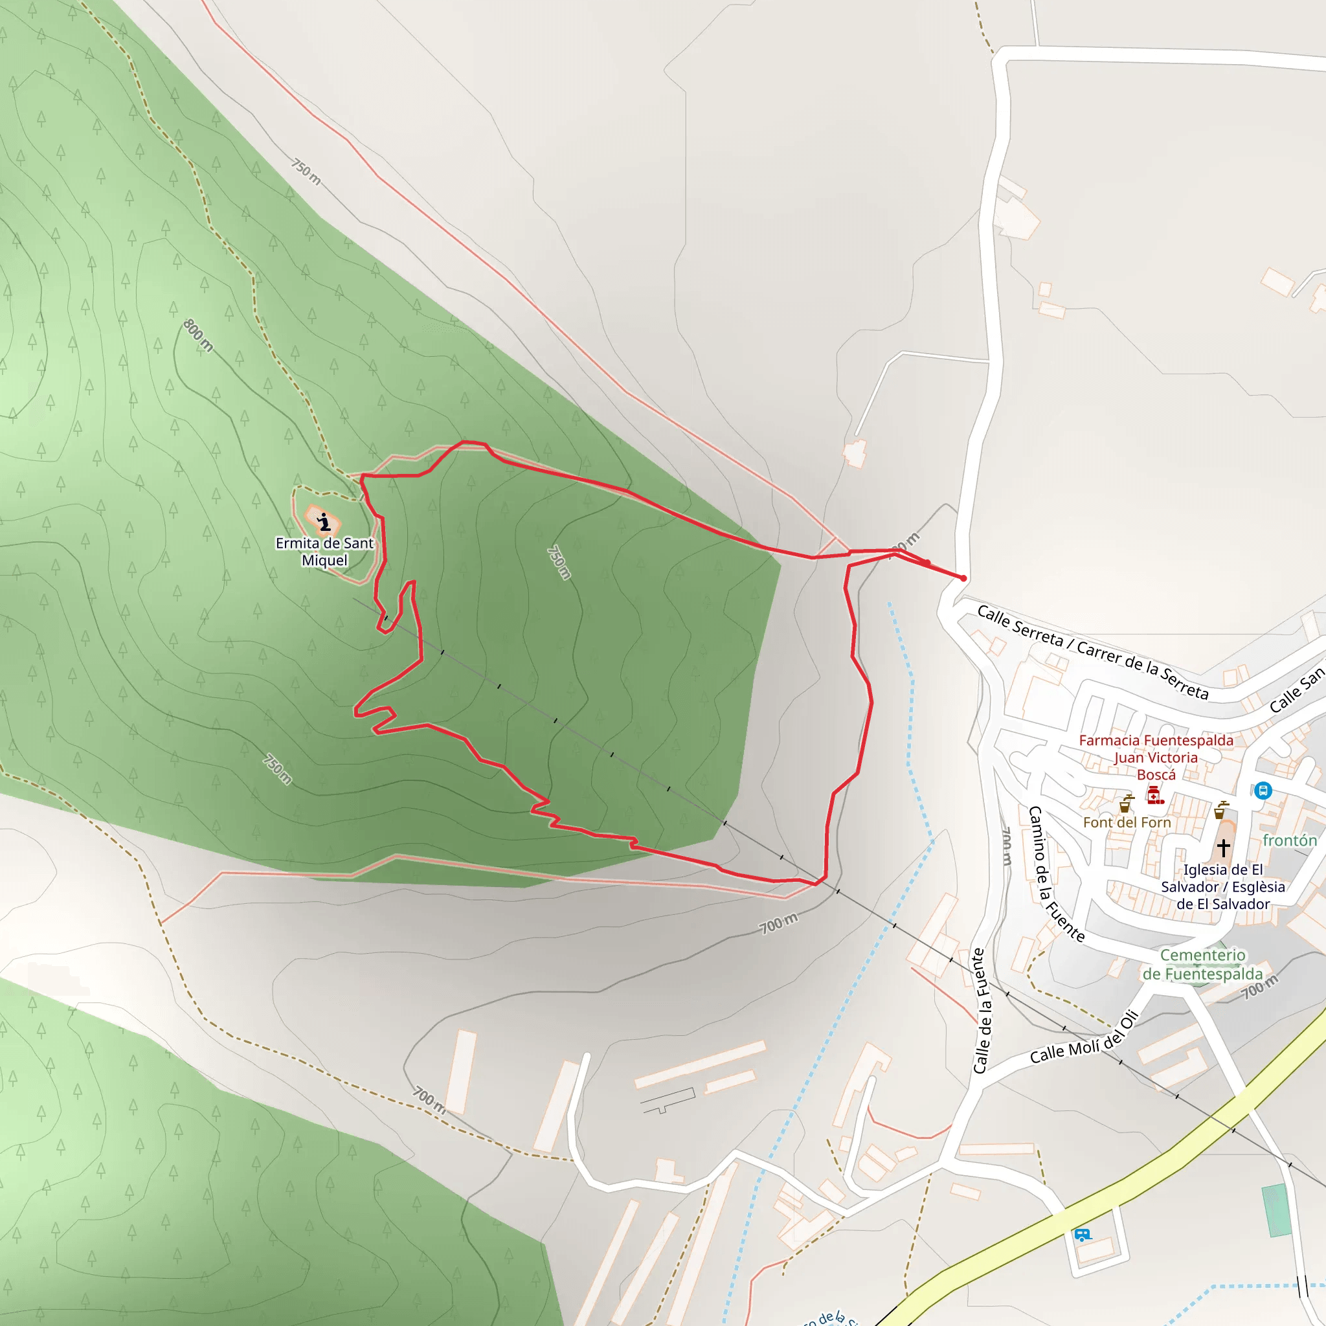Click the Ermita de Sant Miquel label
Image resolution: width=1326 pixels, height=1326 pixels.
(324, 552)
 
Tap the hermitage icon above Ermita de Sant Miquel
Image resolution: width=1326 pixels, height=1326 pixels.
(324, 523)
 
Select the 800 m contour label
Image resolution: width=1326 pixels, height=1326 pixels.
(198, 335)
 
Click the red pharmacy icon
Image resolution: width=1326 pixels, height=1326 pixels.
(1155, 796)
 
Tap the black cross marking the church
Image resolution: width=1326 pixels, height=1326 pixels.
(1223, 848)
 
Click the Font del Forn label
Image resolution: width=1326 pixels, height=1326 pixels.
(1127, 822)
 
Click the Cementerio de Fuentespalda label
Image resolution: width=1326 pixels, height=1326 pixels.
(1202, 964)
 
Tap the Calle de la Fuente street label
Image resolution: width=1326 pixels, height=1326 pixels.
(982, 1011)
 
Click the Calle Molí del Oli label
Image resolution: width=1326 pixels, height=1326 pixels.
(1084, 1039)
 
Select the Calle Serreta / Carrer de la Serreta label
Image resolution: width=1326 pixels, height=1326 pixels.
(1092, 651)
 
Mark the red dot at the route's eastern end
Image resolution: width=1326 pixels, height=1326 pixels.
(963, 579)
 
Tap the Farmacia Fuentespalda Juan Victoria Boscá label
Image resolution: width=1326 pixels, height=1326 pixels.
(1156, 757)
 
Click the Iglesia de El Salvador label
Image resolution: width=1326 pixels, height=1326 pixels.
(1223, 887)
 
